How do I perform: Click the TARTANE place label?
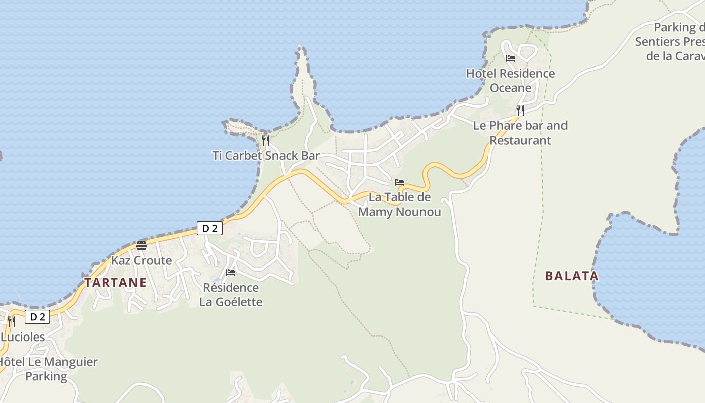pos(115,282)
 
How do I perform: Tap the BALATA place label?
pos(572,276)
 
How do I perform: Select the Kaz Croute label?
pos(142,260)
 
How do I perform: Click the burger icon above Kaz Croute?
pos(141,246)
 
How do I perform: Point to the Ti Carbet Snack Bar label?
pos(266,155)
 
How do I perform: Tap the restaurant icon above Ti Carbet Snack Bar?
pos(266,140)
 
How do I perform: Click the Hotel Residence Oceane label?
pos(511,80)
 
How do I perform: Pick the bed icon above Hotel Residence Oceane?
pos(511,58)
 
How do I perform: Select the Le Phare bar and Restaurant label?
pos(520,132)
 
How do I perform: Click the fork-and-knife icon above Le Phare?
pos(520,110)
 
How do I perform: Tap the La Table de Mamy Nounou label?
pos(399,204)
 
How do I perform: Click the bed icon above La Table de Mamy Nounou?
pos(399,182)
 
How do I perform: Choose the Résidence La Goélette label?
pos(231,295)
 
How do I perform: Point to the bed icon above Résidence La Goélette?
pos(231,273)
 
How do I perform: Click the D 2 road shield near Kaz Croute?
pos(209,228)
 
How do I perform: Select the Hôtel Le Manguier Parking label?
pos(47,369)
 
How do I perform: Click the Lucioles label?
pos(22,337)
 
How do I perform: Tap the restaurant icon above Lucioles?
pos(11,321)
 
